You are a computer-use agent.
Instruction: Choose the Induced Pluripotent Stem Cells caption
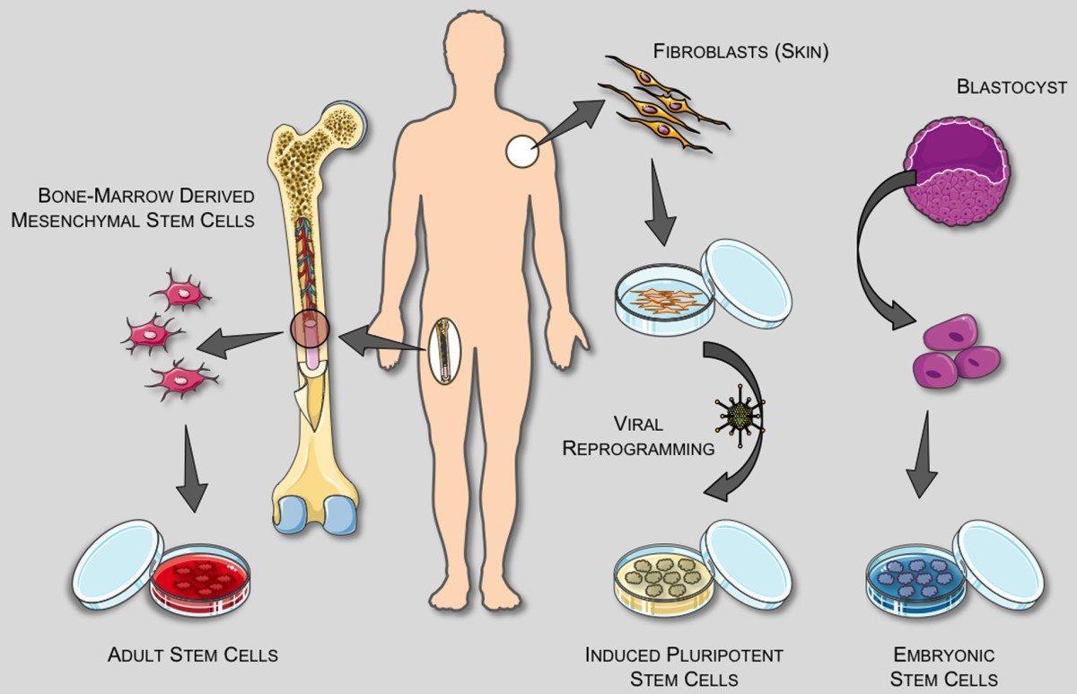661,665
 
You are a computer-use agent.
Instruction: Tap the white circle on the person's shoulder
522,149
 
